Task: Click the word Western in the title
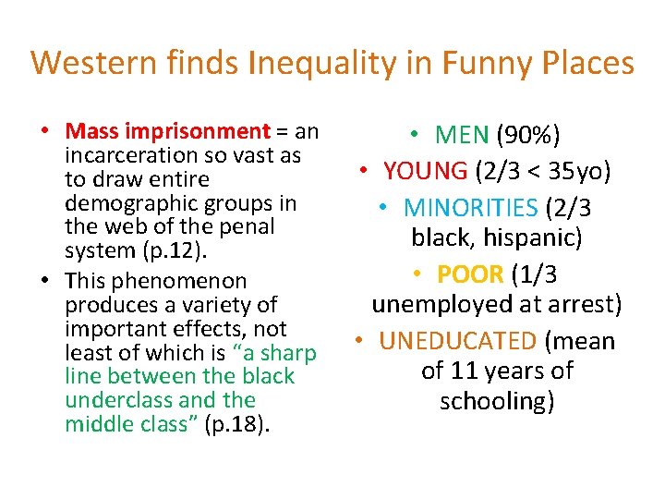[83, 64]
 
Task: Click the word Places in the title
[585, 64]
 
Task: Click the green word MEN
[462, 137]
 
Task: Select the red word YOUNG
[426, 171]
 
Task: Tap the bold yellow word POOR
[471, 274]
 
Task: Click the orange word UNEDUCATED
[457, 341]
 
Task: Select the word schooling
[497, 401]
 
